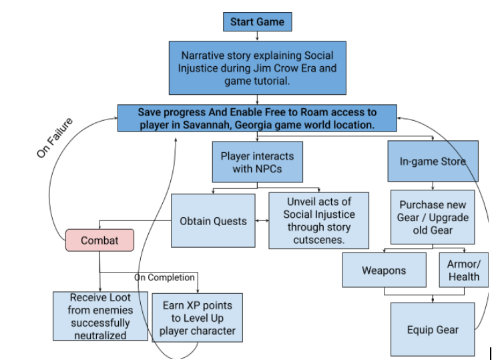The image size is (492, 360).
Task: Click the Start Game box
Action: (x=257, y=21)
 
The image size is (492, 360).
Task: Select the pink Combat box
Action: (x=99, y=240)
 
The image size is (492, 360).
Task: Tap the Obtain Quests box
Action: (x=213, y=220)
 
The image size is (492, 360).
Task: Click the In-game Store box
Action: (x=433, y=161)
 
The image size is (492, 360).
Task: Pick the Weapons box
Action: (x=384, y=270)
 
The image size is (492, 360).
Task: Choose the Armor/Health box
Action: (x=464, y=270)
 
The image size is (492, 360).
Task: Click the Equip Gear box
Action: (x=433, y=329)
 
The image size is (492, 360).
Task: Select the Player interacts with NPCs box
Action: (x=257, y=162)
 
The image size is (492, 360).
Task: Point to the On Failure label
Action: (x=55, y=138)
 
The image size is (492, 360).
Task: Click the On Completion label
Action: (x=164, y=277)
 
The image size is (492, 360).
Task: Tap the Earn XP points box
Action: (x=198, y=318)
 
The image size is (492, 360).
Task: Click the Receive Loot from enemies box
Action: (x=100, y=316)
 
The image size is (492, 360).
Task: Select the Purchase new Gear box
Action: (x=433, y=217)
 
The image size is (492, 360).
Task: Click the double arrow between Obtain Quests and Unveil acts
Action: (x=262, y=220)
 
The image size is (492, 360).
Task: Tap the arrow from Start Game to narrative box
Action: (x=257, y=36)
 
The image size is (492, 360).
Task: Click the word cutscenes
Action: (x=319, y=240)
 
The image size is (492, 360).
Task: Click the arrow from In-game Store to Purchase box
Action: (x=433, y=186)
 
